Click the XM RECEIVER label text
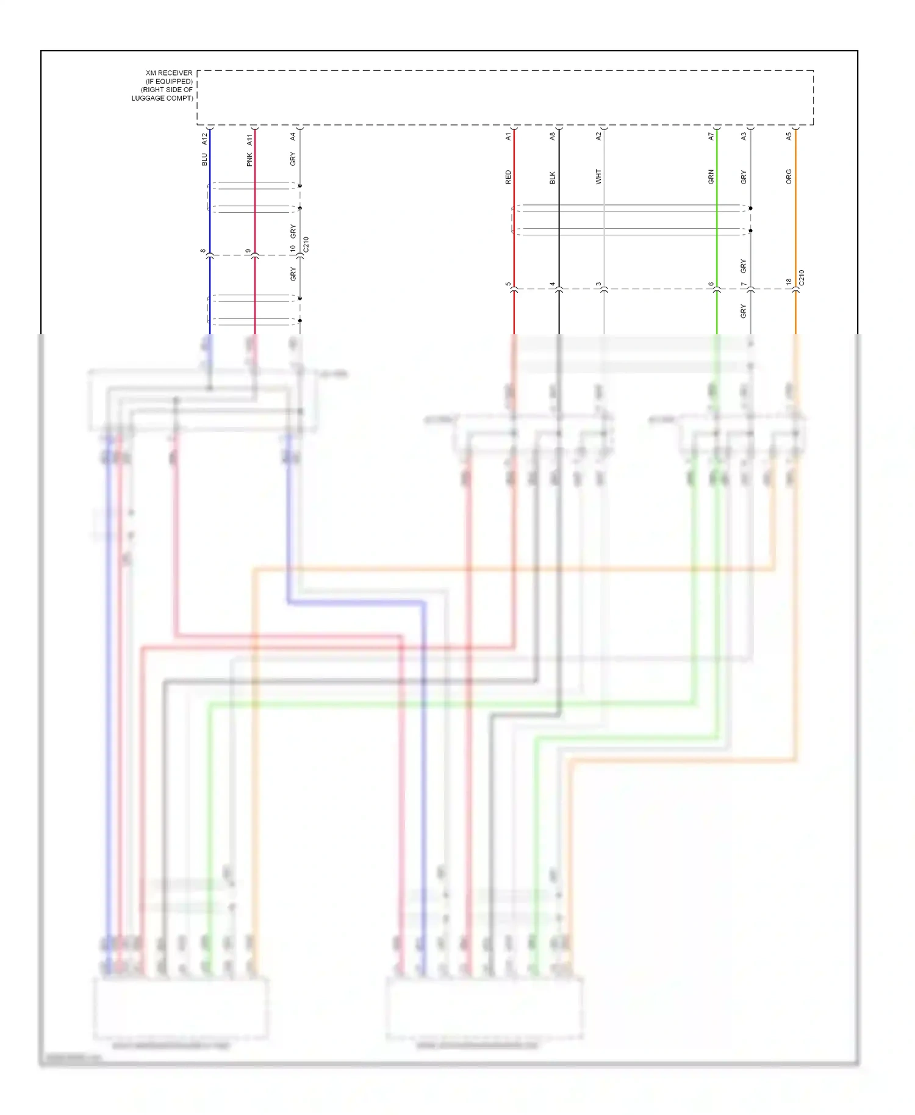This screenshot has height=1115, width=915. point(168,73)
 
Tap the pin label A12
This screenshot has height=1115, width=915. point(204,140)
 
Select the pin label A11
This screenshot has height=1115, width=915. point(249,140)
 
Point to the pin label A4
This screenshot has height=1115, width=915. point(293,137)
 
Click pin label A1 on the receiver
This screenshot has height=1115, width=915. point(508,137)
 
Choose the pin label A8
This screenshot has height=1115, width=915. point(553,137)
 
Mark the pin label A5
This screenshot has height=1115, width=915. point(789,137)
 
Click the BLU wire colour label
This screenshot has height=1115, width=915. point(204,159)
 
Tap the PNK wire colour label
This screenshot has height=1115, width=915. point(249,160)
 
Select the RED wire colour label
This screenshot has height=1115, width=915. point(508,177)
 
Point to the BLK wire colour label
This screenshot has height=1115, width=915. point(553,177)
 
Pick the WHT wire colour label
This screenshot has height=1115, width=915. point(598,177)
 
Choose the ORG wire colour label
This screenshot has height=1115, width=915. point(789,177)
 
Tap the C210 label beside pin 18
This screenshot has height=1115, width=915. point(802,278)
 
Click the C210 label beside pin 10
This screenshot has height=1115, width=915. point(306,245)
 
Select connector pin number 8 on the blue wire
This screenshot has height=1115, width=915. point(203,251)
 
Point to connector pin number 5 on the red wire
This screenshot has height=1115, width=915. point(508,284)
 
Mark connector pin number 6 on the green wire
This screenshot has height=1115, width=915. point(711,284)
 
